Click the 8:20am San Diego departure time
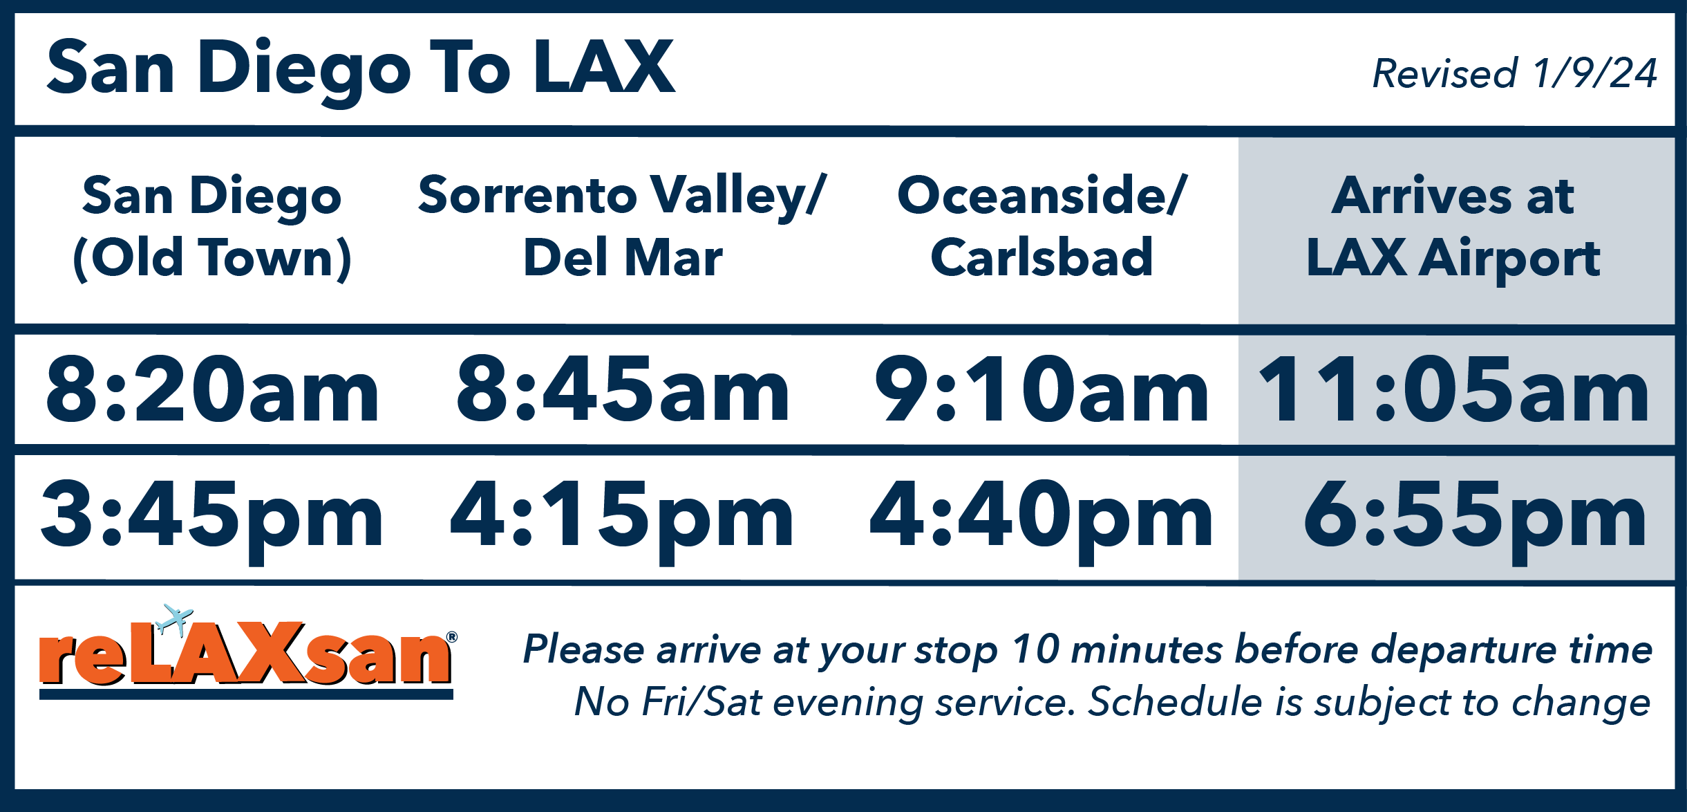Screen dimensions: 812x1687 212,389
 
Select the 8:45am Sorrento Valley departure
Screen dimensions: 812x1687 623,389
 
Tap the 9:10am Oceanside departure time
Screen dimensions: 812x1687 1042,389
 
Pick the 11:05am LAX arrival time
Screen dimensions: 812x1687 1455,389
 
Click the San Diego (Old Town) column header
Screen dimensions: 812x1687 212,227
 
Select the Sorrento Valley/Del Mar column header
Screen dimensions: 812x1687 623,227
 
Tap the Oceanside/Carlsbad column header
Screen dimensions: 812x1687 1042,227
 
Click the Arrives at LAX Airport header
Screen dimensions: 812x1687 1453,227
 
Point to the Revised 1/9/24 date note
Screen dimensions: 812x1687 1514,73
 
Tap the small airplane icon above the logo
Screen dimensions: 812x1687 174,618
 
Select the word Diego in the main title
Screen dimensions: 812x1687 304,69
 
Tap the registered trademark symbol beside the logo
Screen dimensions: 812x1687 452,637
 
